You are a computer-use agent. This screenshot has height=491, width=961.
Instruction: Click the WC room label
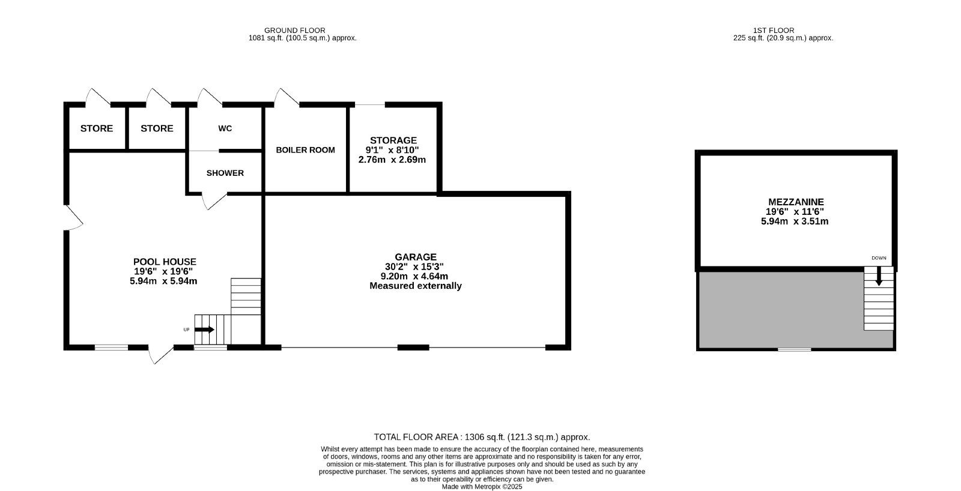pos(225,128)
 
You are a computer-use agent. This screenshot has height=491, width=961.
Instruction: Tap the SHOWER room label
pos(225,173)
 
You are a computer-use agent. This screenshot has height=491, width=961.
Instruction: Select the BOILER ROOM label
pos(305,149)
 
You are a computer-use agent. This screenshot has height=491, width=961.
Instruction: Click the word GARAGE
pos(415,257)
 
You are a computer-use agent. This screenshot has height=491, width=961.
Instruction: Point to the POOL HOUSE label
pos(165,262)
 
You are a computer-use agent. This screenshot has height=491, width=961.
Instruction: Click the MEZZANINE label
pos(796,202)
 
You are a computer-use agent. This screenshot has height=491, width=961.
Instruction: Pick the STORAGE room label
pos(393,140)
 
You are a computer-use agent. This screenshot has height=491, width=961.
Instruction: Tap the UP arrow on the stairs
pos(205,330)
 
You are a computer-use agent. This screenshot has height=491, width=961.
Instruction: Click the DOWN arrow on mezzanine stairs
pos(879,276)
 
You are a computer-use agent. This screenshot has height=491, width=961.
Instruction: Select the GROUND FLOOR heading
pos(295,31)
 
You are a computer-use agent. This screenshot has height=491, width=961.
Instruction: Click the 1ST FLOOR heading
pos(774,31)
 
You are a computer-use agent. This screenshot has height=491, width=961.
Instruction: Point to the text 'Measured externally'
pos(415,286)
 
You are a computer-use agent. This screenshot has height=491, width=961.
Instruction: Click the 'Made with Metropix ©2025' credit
pos(482,487)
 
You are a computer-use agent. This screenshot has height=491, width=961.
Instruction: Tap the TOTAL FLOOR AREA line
pos(482,437)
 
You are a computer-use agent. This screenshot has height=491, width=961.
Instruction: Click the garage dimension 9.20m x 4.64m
pos(414,276)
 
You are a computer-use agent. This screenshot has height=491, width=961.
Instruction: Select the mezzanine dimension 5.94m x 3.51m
pos(795,221)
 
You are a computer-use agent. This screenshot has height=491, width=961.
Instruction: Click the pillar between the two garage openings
pos(413,348)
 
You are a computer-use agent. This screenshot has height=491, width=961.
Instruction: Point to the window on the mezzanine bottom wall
pos(795,349)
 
